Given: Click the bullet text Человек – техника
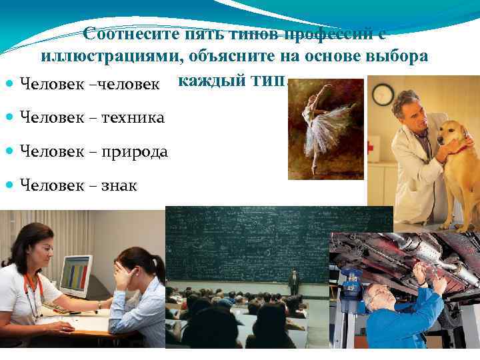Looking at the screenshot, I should (x=93, y=117).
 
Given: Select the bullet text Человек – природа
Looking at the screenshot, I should (x=94, y=151).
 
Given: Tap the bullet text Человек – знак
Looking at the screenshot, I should (x=79, y=185).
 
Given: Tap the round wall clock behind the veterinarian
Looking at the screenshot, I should (x=382, y=95).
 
